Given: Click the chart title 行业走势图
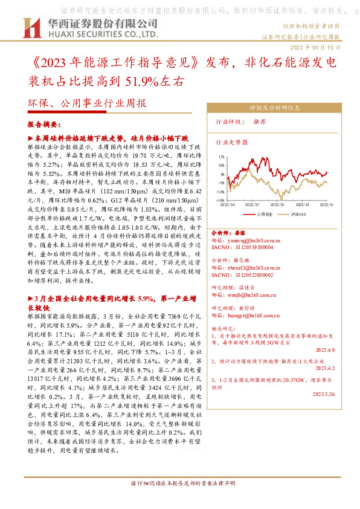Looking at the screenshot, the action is [231, 143].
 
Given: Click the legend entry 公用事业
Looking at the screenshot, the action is [265, 213].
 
